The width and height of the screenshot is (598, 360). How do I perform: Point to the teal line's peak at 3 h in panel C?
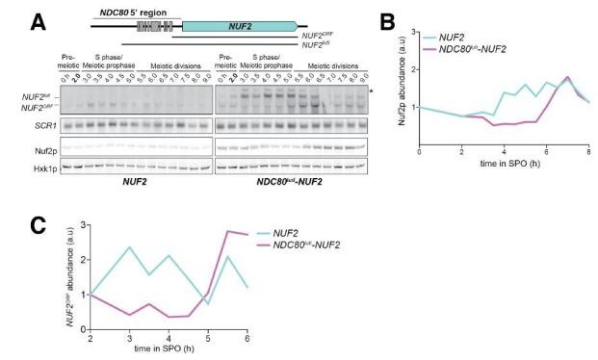click(x=128, y=247)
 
